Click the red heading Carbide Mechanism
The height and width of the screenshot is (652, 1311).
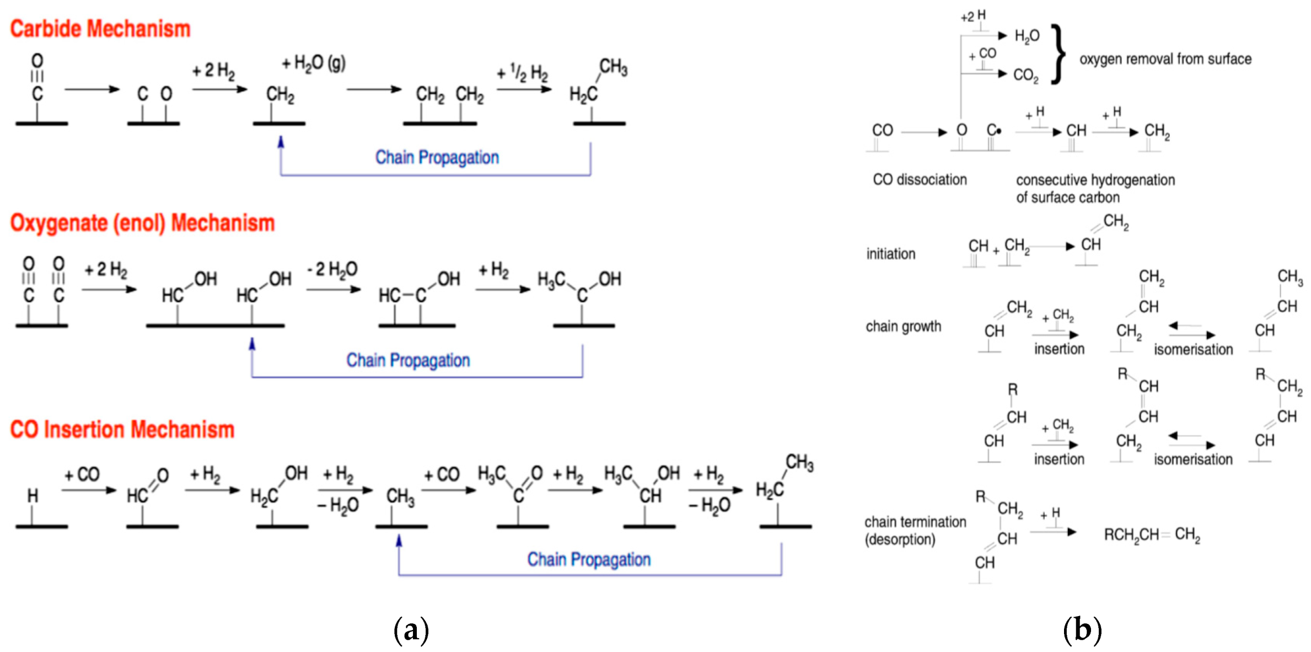point(100,29)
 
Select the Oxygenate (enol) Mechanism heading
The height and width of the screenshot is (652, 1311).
point(142,223)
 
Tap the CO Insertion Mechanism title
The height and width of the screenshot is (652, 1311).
point(122,429)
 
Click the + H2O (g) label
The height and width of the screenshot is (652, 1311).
point(313,63)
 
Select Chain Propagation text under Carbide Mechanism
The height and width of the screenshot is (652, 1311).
point(437,157)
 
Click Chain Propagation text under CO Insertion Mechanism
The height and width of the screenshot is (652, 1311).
point(588,559)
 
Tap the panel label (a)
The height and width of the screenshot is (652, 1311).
point(411,629)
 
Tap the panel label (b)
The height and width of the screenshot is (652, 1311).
point(1082,629)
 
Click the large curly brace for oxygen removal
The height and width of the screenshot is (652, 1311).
point(1057,54)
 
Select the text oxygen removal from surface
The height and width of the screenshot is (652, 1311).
point(1165,59)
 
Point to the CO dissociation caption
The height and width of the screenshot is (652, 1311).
point(920,179)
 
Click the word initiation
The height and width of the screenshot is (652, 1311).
point(890,254)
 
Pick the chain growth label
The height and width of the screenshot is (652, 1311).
point(903,327)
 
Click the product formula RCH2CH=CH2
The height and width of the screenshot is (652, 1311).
point(1152,535)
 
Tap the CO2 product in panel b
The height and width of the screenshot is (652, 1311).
point(1025,75)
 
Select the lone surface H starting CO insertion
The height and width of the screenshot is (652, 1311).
point(33,495)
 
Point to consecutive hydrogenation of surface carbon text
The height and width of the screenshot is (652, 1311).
point(1094,188)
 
